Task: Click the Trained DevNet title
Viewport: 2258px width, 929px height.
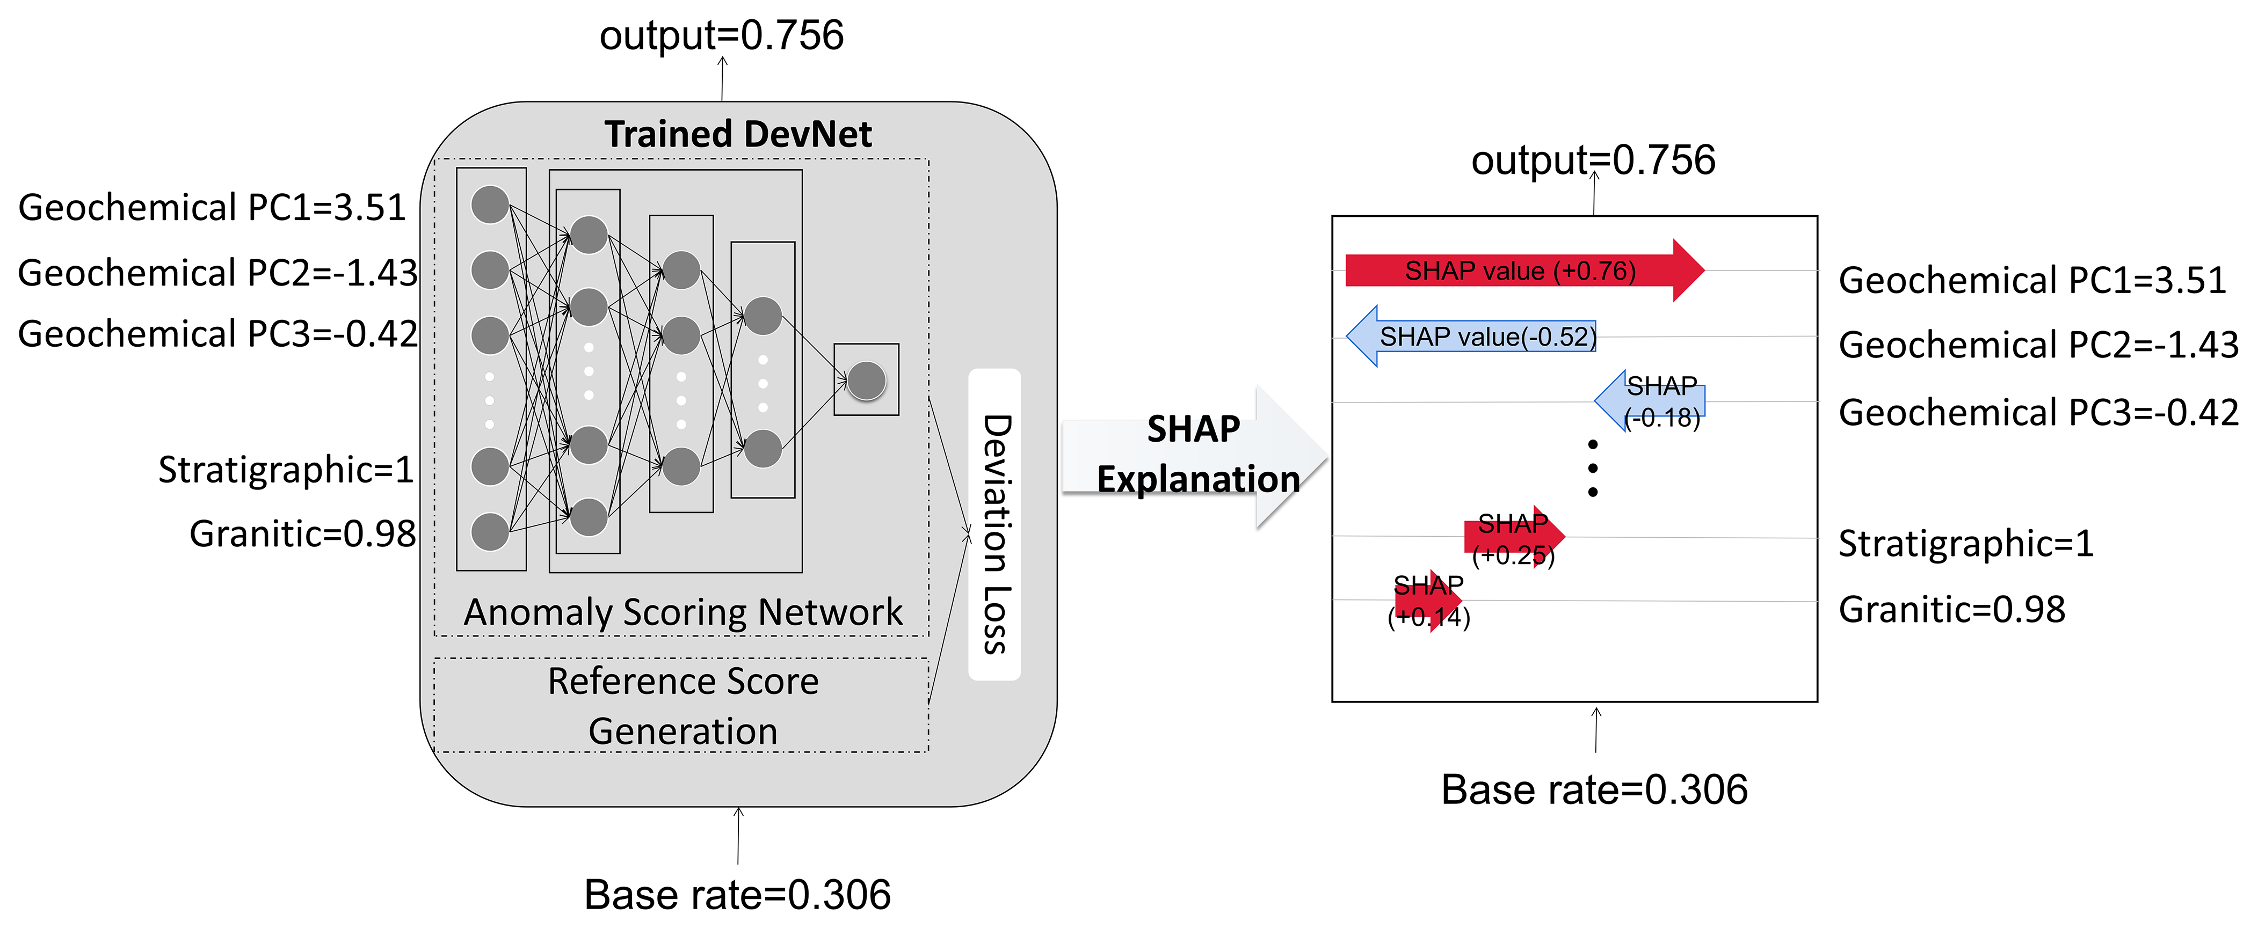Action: pyautogui.click(x=737, y=134)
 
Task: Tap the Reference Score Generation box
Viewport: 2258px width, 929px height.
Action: pyautogui.click(x=682, y=706)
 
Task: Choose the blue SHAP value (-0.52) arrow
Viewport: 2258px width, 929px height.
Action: pyautogui.click(x=1472, y=337)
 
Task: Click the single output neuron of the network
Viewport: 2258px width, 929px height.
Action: pyautogui.click(x=866, y=381)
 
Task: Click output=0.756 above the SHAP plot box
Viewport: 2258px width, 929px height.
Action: pyautogui.click(x=1593, y=160)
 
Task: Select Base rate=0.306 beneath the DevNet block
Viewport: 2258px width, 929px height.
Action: pyautogui.click(x=737, y=895)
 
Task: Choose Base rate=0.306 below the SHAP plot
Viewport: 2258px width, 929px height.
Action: pyautogui.click(x=1594, y=789)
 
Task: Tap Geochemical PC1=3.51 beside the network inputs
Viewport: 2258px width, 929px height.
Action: pyautogui.click(x=212, y=208)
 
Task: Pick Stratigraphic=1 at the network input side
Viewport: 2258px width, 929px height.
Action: pyautogui.click(x=285, y=470)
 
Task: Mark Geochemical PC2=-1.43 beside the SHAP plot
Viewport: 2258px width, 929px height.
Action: pyautogui.click(x=2038, y=345)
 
